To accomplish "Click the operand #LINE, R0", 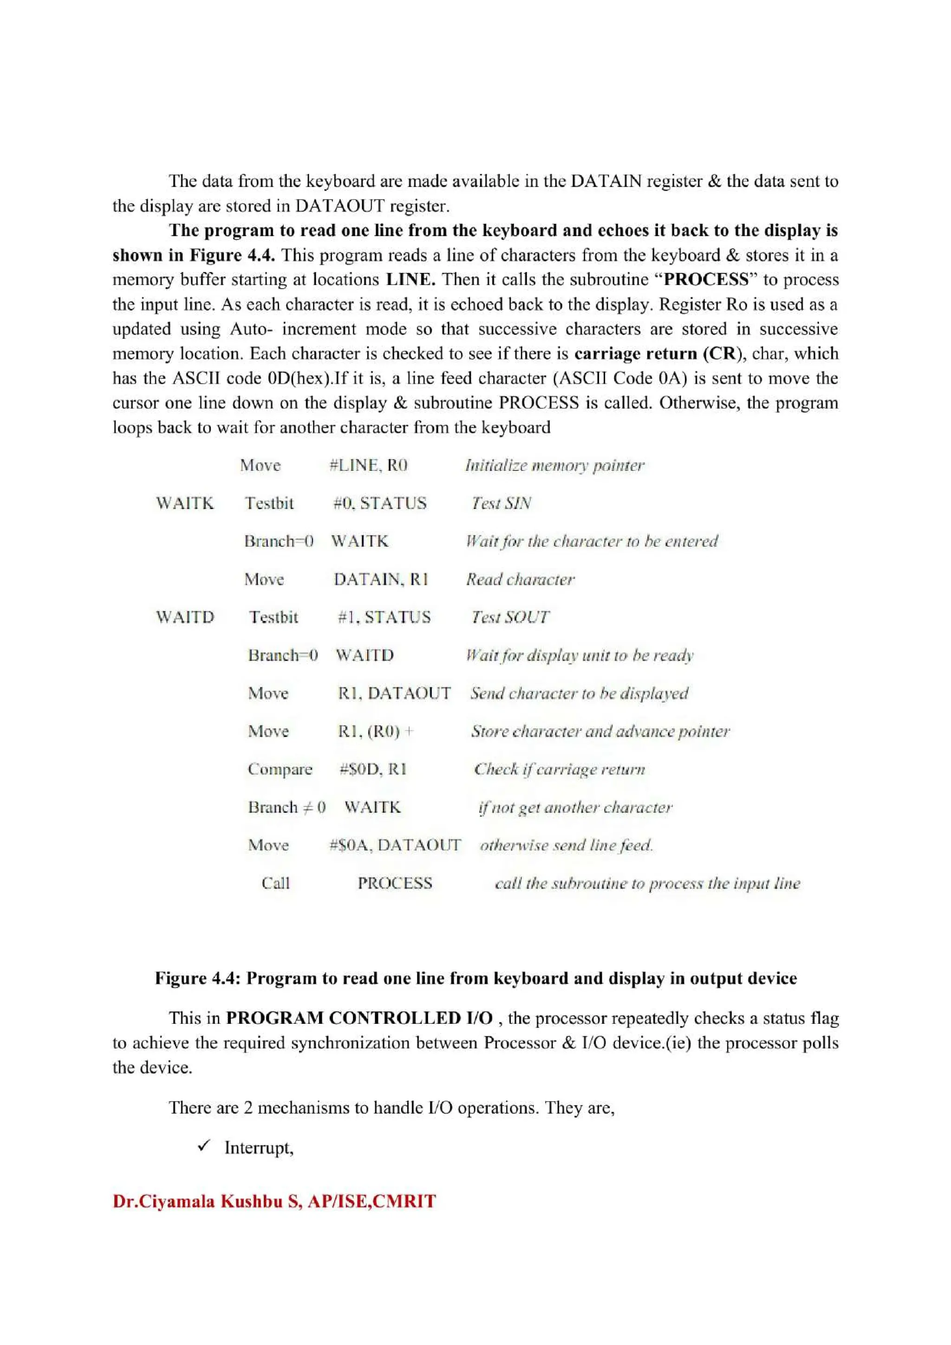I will click(368, 465).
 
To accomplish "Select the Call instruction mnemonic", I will click(275, 883).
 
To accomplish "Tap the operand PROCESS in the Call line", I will click(395, 883).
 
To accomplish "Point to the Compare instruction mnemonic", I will click(280, 769).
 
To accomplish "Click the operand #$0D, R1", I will click(373, 769).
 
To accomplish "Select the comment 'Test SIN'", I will click(501, 503).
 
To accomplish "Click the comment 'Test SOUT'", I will click(510, 617).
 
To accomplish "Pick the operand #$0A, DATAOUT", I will click(395, 845).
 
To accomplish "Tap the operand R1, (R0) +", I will click(375, 731).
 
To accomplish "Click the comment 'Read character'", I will click(520, 579).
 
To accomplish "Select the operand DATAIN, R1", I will click(381, 579).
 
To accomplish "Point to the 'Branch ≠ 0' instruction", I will click(286, 807).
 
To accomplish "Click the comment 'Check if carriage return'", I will click(559, 769).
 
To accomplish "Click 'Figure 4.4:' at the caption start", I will click(197, 978).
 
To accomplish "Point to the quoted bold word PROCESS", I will click(706, 279).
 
